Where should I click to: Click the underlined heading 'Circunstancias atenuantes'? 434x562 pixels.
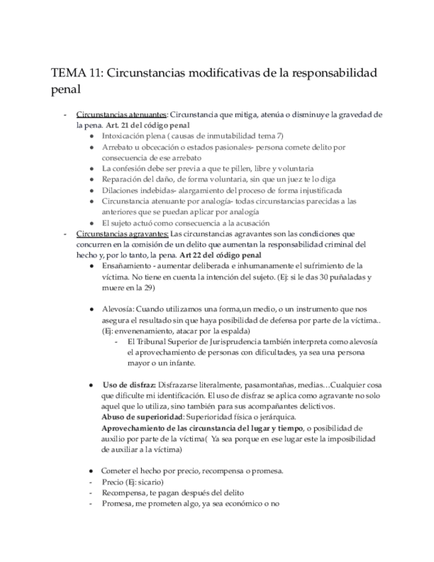pyautogui.click(x=121, y=115)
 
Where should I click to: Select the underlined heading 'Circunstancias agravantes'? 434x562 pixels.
pyautogui.click(x=123, y=234)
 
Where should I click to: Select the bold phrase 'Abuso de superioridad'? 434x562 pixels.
pyautogui.click(x=142, y=417)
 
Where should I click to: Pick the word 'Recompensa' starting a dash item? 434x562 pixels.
pyautogui.click(x=126, y=492)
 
